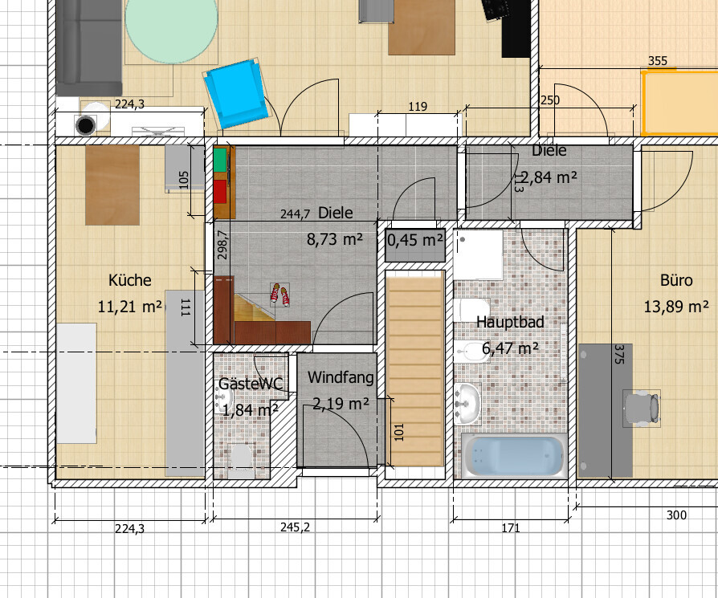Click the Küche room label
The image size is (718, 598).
pyautogui.click(x=130, y=280)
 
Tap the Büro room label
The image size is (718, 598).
pyautogui.click(x=676, y=280)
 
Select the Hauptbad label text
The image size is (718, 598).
pyautogui.click(x=510, y=322)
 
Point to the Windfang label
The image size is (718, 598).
pyautogui.click(x=341, y=377)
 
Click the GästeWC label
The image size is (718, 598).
pyautogui.click(x=251, y=384)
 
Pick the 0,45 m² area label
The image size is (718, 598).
pyautogui.click(x=415, y=240)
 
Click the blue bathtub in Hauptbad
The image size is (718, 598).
pyautogui.click(x=514, y=455)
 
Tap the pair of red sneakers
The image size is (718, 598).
pyautogui.click(x=279, y=295)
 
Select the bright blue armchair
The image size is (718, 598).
pyautogui.click(x=236, y=93)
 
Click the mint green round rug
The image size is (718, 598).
pyautogui.click(x=171, y=30)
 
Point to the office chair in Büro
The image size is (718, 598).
pyautogui.click(x=642, y=408)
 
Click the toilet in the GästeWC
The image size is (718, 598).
pyautogui.click(x=241, y=460)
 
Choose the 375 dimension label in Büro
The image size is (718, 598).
pyautogui.click(x=618, y=354)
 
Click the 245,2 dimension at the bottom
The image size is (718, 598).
pyautogui.click(x=295, y=527)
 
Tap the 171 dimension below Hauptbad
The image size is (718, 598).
pyautogui.click(x=511, y=528)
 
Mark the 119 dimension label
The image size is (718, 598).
pyautogui.click(x=418, y=107)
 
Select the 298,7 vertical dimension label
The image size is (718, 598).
pyautogui.click(x=222, y=245)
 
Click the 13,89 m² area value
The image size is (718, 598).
pyautogui.click(x=676, y=307)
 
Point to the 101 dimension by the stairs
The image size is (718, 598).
pyautogui.click(x=399, y=432)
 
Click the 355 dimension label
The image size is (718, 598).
pyautogui.click(x=658, y=61)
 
